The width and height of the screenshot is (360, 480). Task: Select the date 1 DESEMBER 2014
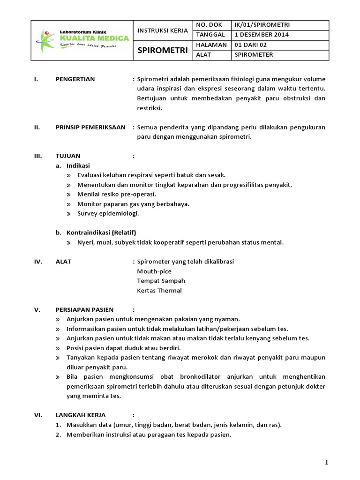coord(262,35)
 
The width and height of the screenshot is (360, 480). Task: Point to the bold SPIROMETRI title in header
coord(162,50)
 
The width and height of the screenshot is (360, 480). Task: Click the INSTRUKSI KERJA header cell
coord(162,30)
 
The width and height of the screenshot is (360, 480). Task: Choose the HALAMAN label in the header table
coord(212,45)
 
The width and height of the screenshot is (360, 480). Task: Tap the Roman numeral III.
coord(38,156)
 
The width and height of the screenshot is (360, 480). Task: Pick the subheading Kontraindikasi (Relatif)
coord(101,232)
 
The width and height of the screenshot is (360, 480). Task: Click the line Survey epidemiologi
coord(108,213)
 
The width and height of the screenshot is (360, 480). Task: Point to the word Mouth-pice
coord(154,271)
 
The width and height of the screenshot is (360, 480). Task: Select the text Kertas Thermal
coord(159,290)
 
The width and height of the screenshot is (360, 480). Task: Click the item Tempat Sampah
coord(161,281)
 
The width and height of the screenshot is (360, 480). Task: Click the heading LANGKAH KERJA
coord(81,415)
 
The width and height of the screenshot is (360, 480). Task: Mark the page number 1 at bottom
coord(326,463)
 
